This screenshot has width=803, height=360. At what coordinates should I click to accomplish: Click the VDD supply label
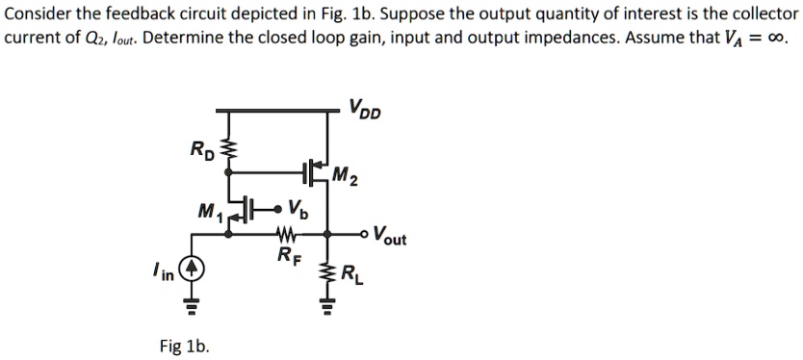[x=365, y=109]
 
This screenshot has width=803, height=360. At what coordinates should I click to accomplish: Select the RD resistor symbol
[x=229, y=147]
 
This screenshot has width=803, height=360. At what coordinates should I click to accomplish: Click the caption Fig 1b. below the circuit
[x=185, y=346]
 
